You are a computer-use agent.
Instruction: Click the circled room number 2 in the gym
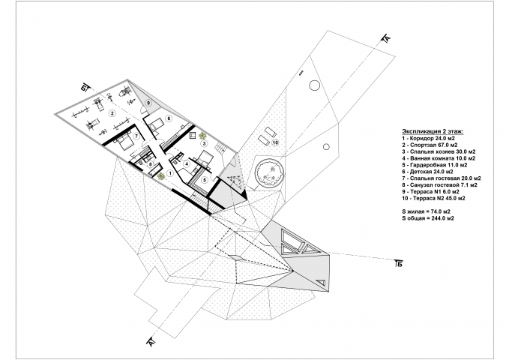(112, 113)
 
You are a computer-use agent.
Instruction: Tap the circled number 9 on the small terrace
(148, 103)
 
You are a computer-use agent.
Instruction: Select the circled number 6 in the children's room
(169, 118)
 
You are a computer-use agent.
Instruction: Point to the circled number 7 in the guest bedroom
(136, 136)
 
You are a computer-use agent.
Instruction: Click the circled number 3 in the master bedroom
(204, 143)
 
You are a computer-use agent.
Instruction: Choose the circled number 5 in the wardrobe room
(204, 180)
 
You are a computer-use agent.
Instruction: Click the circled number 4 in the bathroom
(187, 164)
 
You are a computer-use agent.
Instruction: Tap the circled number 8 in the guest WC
(151, 164)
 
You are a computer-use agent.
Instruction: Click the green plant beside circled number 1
(160, 176)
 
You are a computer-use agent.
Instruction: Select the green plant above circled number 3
(203, 135)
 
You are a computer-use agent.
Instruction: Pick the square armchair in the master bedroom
(192, 135)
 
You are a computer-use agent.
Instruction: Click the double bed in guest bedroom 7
(124, 141)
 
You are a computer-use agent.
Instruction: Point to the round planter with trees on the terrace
(270, 172)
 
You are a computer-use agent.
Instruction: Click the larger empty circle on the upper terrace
(314, 85)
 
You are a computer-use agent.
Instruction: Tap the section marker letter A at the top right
(387, 38)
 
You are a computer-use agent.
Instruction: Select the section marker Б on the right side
(399, 263)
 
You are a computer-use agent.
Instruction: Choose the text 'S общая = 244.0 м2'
(428, 218)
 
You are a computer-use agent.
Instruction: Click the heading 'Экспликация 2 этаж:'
(433, 131)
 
